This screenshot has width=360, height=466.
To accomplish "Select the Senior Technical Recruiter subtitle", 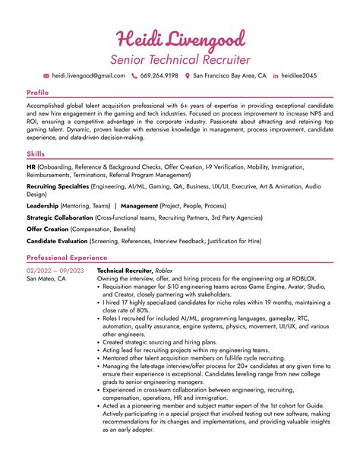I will [180, 59].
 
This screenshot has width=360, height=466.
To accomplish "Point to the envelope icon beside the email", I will [46, 76].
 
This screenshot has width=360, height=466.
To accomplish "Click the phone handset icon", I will [134, 76].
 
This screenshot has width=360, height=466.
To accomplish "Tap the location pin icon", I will [188, 76].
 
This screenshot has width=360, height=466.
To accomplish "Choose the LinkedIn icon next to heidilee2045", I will [276, 76].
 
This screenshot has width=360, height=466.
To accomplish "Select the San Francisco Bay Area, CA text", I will [229, 76].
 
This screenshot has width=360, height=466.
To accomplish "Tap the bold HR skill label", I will [31, 166].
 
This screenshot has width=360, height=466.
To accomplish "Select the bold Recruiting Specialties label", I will [58, 185].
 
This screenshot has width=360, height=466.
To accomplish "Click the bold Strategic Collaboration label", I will [59, 217].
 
